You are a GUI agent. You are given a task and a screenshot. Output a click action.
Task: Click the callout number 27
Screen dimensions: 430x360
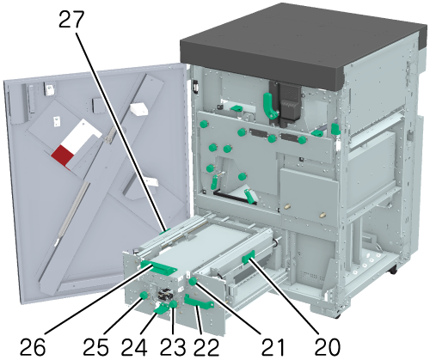71,20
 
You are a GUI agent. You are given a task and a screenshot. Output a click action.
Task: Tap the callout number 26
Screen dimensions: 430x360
33,347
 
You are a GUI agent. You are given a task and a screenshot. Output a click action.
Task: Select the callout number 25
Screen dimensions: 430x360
95,347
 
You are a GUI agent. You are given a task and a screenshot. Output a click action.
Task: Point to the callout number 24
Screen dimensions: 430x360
134,347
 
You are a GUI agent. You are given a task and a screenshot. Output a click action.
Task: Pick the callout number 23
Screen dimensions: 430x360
173,347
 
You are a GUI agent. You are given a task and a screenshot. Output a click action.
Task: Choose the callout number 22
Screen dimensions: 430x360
206,347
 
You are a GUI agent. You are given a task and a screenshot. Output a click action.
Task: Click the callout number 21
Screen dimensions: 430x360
273,347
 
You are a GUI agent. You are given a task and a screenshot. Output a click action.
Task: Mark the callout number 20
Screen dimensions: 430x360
328,347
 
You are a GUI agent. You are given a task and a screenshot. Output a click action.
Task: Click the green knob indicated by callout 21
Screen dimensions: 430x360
193,282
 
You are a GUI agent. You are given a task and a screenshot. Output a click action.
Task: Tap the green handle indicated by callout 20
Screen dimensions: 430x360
249,257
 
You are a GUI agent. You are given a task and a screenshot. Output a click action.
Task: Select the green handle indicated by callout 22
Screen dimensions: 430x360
199,302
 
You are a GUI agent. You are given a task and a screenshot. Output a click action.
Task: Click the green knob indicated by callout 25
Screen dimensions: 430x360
143,296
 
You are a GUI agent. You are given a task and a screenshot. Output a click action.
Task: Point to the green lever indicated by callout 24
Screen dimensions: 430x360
161,308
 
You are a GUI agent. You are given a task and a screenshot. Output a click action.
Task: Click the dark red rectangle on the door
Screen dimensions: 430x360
62,156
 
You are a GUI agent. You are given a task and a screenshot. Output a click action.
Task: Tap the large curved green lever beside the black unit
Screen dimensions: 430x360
270,105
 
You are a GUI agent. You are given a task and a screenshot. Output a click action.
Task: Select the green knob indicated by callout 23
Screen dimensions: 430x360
173,304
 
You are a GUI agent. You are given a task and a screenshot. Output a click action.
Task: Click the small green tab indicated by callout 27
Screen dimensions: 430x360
165,231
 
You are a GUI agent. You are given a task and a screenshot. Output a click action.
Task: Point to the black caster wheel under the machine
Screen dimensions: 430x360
393,270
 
